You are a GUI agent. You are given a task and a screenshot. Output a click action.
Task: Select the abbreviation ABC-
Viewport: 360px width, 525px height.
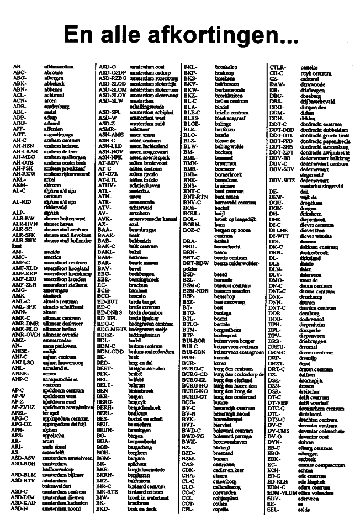[x=19, y=72]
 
